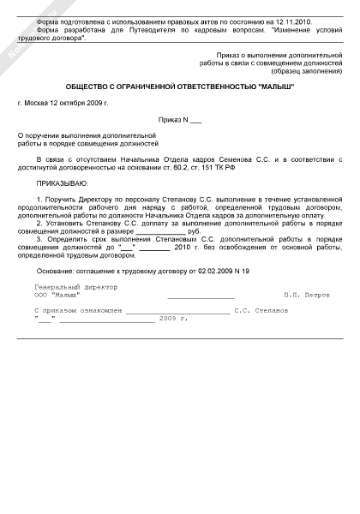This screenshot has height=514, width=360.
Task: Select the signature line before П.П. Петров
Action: tap(201, 296)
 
